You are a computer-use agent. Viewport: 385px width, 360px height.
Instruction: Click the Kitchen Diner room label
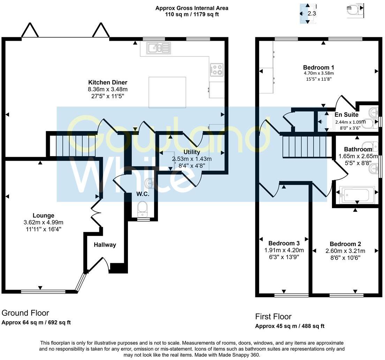coord(108,83)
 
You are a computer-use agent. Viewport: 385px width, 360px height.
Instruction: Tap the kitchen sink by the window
coord(159,48)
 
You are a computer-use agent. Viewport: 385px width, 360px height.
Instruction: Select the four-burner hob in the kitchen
coord(217,69)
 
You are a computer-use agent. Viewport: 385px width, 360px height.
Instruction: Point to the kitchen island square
coord(167,92)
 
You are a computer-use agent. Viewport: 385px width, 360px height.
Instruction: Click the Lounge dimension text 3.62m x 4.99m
coord(44,223)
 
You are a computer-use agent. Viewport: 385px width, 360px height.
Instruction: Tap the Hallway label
coord(105,245)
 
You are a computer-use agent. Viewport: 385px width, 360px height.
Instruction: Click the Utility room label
coord(192,152)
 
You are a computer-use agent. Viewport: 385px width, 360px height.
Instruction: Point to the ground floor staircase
coord(73,146)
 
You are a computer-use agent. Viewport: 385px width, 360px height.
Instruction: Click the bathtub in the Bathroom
coord(357,196)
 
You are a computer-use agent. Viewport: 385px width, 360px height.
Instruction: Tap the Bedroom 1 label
coord(319,67)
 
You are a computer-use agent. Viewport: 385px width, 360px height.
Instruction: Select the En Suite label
coord(346,115)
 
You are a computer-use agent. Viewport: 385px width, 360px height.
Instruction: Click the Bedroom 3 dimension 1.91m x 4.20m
coord(284,250)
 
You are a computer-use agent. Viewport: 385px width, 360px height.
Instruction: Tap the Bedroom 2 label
coord(346,244)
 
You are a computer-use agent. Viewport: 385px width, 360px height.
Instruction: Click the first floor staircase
coord(307,147)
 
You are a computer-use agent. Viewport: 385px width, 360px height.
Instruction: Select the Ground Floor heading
coord(25,313)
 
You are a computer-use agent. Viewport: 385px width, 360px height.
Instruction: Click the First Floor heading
coord(273,316)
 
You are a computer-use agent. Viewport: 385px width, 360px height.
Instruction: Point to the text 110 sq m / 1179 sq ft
coord(192,14)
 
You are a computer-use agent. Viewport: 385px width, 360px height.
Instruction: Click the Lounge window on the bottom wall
coord(43,292)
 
